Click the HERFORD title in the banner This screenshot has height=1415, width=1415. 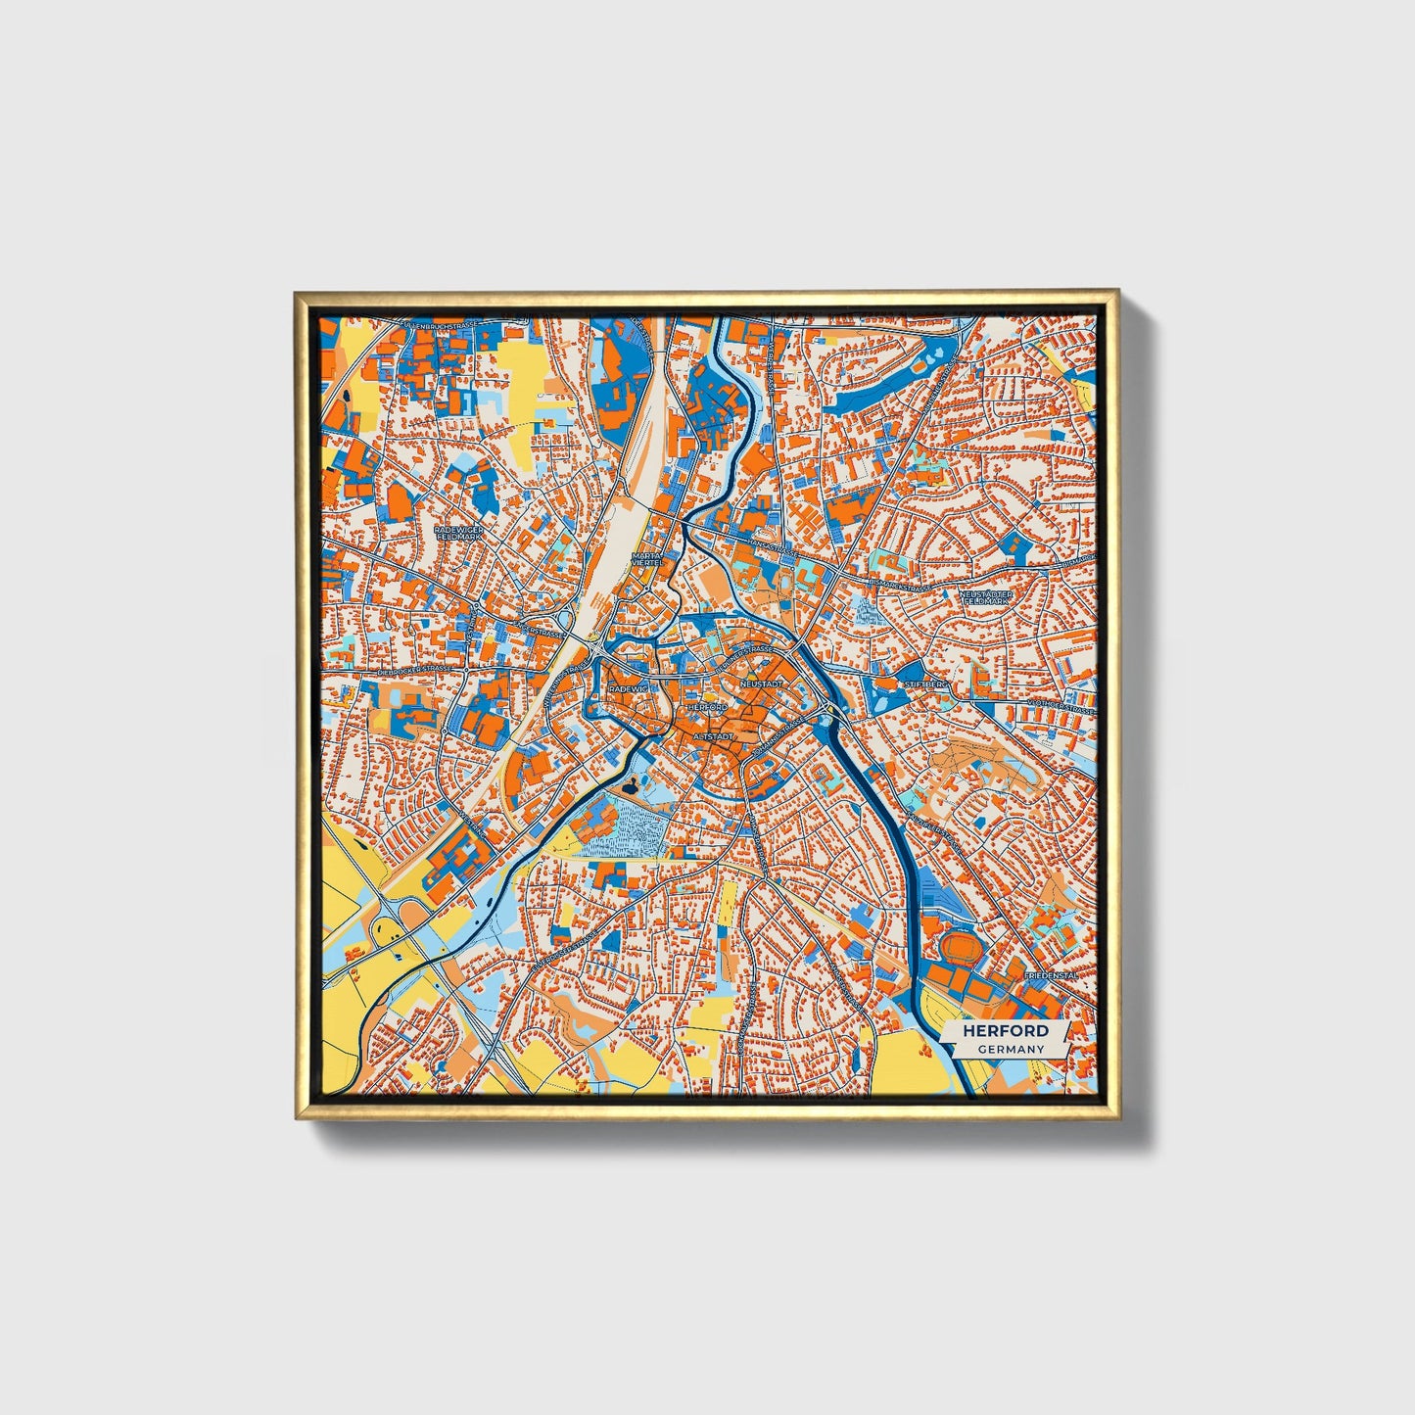tap(1005, 1030)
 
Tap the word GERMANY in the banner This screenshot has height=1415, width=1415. tap(1010, 1049)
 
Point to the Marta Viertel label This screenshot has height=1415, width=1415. tap(647, 558)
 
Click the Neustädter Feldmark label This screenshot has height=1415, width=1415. tap(987, 596)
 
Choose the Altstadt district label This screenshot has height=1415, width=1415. tap(712, 734)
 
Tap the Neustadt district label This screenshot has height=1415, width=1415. tap(762, 682)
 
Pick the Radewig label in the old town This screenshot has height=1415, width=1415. tap(629, 689)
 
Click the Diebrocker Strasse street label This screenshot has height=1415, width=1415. tap(415, 670)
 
